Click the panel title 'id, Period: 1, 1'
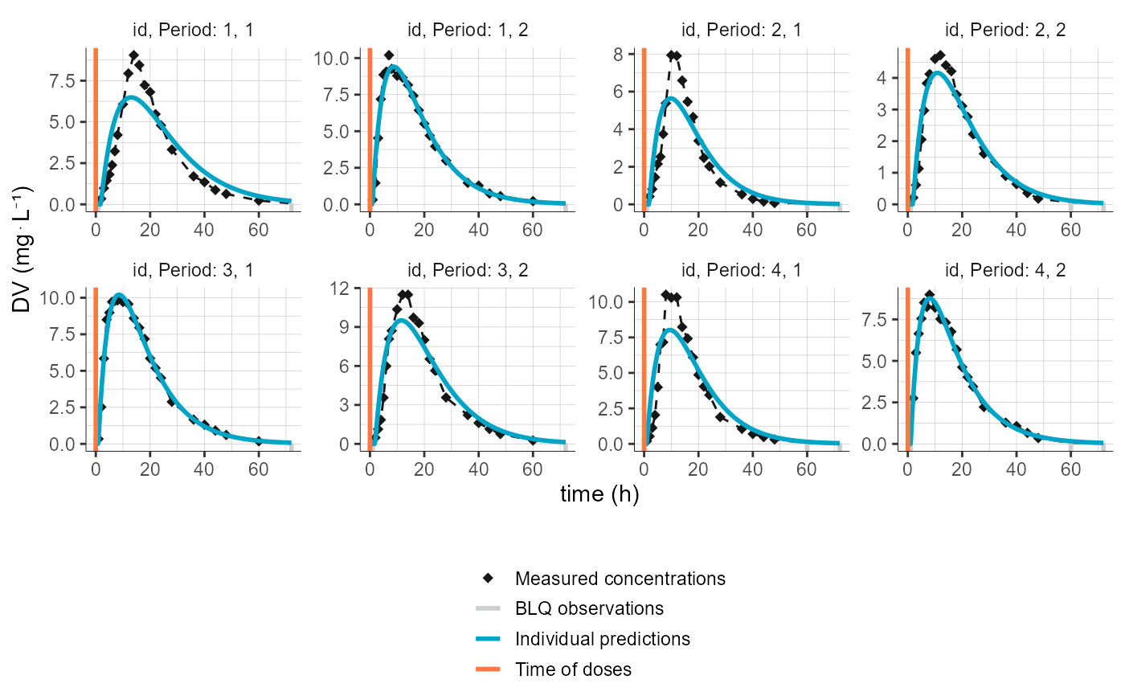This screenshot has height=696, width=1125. (194, 31)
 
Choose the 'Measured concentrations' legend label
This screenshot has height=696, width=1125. (620, 579)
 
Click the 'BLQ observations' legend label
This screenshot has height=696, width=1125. (589, 608)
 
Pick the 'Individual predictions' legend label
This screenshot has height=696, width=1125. (603, 639)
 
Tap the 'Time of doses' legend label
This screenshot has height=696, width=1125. (573, 669)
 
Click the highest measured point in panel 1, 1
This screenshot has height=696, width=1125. (133, 55)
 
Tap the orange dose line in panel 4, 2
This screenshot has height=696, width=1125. (907, 366)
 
